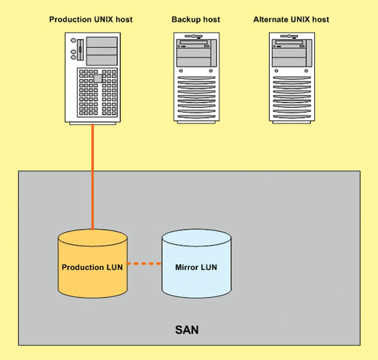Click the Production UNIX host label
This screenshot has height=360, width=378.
(x=91, y=20)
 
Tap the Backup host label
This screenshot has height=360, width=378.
(x=196, y=20)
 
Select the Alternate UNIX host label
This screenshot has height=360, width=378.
(x=291, y=20)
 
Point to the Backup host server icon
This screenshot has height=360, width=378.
(x=196, y=77)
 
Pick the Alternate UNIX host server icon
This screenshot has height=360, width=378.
(x=291, y=77)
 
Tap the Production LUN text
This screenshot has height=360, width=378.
(x=92, y=267)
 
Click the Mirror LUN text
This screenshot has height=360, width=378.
(x=196, y=267)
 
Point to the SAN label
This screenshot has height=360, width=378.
(x=186, y=329)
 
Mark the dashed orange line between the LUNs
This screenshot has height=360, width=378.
(x=144, y=264)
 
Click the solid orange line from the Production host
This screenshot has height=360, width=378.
(x=93, y=176)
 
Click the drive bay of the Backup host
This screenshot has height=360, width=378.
(x=196, y=45)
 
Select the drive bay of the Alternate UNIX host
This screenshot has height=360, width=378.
(x=291, y=45)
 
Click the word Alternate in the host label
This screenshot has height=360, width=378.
(x=272, y=20)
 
